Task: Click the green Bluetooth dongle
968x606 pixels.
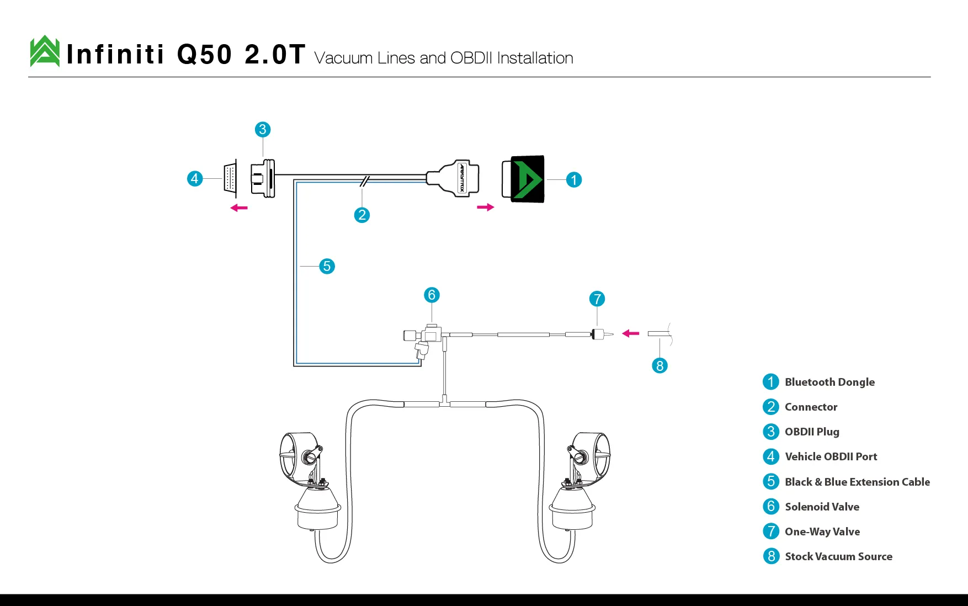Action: tap(523, 179)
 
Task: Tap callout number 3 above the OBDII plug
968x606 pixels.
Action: tap(263, 130)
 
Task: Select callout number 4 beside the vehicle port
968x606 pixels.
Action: tap(194, 179)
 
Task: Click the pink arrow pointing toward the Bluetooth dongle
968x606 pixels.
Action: tap(486, 208)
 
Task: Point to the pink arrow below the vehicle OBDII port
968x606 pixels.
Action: tap(239, 208)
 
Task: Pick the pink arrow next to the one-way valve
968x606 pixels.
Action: tap(631, 333)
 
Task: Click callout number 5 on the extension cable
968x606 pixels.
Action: tap(327, 267)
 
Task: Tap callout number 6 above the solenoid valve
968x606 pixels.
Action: tap(432, 295)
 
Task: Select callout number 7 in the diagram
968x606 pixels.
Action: tap(597, 299)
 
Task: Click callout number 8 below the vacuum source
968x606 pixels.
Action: tap(659, 365)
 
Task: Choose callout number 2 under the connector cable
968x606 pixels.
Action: tap(361, 215)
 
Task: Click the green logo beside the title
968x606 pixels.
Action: tap(45, 51)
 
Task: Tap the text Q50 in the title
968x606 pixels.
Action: tap(205, 55)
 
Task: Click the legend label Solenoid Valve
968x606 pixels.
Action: tap(822, 507)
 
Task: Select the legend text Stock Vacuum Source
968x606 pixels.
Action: tap(838, 556)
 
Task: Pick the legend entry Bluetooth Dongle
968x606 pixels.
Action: tap(829, 382)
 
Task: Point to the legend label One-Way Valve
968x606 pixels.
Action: tap(822, 531)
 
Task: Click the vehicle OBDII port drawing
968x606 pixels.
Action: tap(231, 178)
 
